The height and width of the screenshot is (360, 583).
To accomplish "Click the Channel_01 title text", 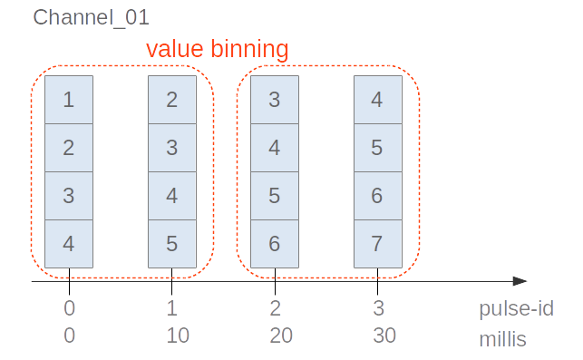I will pyautogui.click(x=91, y=16).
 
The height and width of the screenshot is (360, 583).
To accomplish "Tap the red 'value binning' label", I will pyautogui.click(x=218, y=49).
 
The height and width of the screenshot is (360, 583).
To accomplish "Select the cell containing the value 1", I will pyautogui.click(x=69, y=100).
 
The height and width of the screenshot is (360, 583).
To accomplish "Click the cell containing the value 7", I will pyautogui.click(x=377, y=244).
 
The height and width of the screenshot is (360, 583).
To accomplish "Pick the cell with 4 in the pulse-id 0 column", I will pyautogui.click(x=69, y=244).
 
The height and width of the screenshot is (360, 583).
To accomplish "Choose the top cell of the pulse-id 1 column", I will pyautogui.click(x=172, y=100).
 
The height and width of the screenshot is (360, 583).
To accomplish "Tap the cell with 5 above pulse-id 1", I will pyautogui.click(x=172, y=244).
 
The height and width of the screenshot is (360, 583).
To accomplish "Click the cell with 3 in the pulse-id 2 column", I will pyautogui.click(x=275, y=100).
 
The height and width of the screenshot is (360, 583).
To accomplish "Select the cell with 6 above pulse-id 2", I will pyautogui.click(x=275, y=244).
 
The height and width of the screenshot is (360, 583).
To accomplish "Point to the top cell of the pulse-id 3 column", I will pyautogui.click(x=377, y=100).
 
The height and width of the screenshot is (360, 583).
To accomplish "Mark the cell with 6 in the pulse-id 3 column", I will pyautogui.click(x=377, y=196).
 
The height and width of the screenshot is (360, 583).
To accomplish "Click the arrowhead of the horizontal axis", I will pyautogui.click(x=520, y=282).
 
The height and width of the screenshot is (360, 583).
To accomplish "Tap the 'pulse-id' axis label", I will pyautogui.click(x=516, y=308).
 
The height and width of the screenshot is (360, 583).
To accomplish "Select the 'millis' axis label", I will pyautogui.click(x=502, y=340).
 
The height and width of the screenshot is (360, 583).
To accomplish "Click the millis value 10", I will pyautogui.click(x=178, y=336).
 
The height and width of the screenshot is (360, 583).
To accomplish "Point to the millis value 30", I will pyautogui.click(x=384, y=336).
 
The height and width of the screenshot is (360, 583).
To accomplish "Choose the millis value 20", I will pyautogui.click(x=281, y=336).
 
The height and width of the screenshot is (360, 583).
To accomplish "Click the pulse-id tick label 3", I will pyautogui.click(x=378, y=308).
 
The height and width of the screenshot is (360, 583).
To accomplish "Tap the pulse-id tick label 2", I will pyautogui.click(x=275, y=308).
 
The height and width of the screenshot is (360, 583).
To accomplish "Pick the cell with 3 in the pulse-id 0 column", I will pyautogui.click(x=69, y=196).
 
